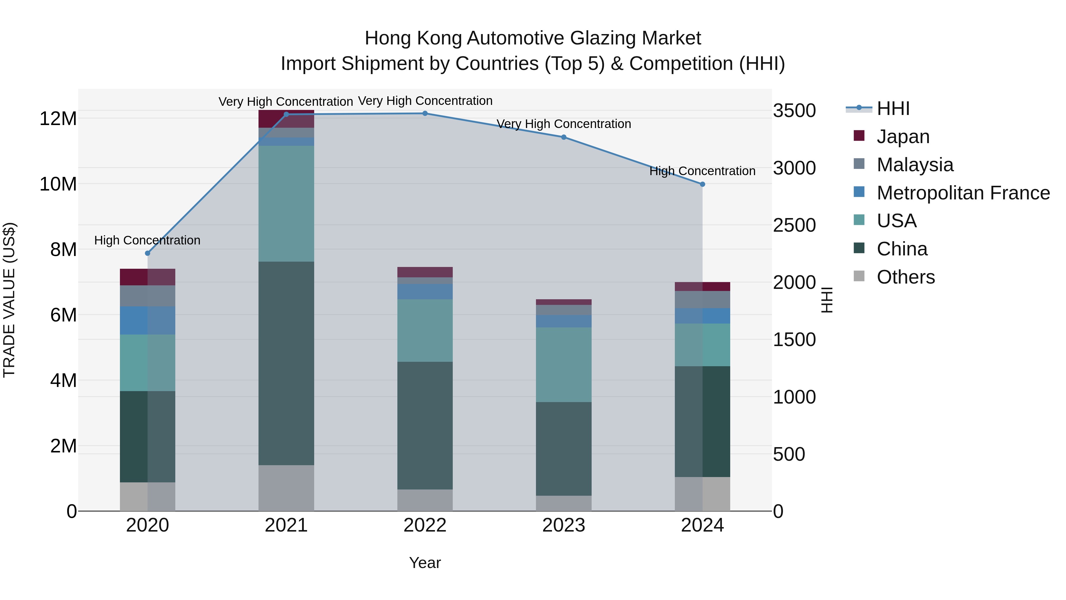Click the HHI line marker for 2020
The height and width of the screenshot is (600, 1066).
147,253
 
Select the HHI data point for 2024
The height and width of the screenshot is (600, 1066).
702,184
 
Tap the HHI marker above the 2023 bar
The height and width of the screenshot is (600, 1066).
563,137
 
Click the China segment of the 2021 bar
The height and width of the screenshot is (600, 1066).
286,363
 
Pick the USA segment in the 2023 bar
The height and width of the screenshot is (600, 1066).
563,364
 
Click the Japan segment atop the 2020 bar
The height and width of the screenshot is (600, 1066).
147,277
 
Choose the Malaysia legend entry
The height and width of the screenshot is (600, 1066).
915,165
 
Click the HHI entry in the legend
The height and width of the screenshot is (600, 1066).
893,108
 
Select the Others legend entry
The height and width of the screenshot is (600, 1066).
906,277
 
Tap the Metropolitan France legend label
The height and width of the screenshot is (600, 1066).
963,193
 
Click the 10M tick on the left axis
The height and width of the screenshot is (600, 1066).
58,184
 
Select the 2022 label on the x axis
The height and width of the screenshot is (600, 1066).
425,525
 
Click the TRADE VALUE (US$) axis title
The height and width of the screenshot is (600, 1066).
9,300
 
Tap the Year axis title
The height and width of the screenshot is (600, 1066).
425,563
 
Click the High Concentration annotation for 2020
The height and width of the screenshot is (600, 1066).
147,240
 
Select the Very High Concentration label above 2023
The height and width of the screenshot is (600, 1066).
563,124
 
